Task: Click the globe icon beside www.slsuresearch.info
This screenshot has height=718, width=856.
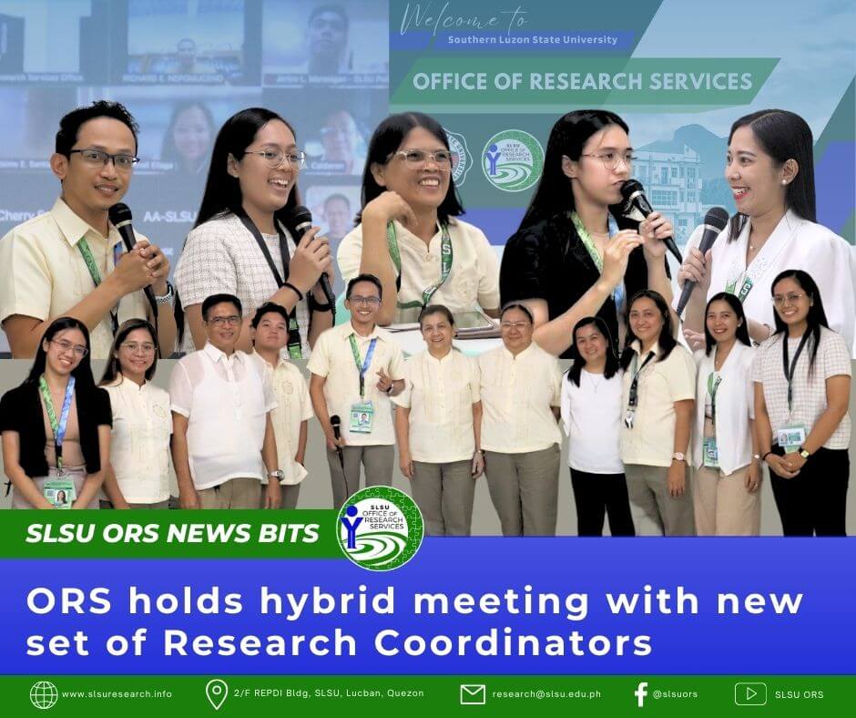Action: click(x=43, y=694)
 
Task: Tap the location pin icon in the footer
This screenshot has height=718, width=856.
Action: click(x=216, y=694)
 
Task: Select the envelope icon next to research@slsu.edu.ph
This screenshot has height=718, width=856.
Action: click(x=472, y=694)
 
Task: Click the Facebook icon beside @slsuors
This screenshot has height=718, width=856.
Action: click(x=640, y=694)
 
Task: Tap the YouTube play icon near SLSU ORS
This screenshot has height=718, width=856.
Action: click(x=750, y=694)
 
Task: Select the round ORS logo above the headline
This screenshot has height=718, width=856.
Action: click(x=380, y=529)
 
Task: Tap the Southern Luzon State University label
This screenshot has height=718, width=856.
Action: click(x=532, y=40)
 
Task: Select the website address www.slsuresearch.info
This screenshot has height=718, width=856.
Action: click(x=117, y=694)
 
